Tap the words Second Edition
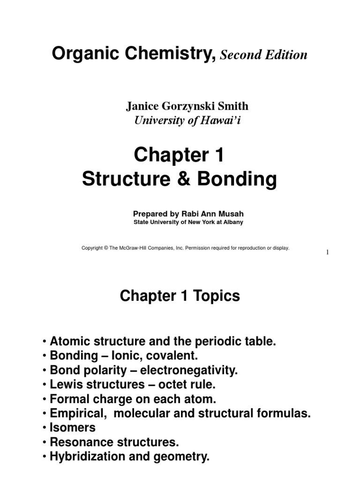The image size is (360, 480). (264, 55)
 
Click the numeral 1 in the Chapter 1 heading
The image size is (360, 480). (219, 155)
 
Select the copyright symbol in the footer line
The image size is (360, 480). (106, 248)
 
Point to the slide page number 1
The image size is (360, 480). (328, 253)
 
